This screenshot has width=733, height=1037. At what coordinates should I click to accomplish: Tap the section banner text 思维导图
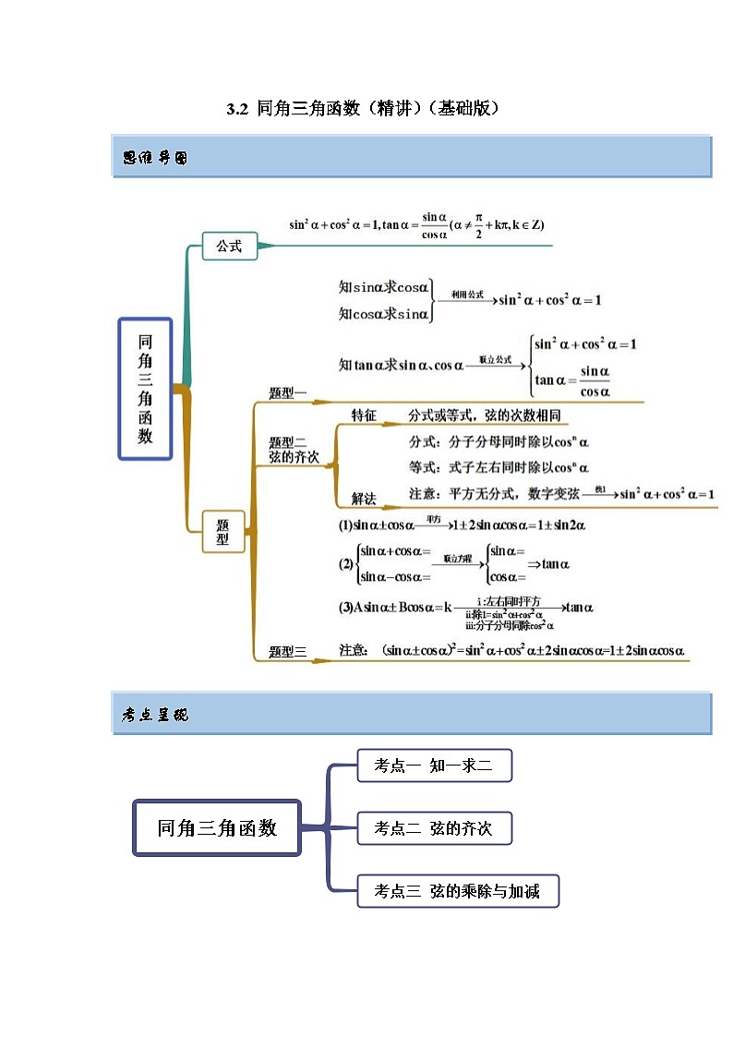click(155, 158)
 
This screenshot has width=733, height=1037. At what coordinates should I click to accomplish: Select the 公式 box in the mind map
click(229, 247)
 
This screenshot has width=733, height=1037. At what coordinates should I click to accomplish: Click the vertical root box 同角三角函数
click(145, 389)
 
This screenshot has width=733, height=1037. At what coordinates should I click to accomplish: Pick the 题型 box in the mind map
click(222, 532)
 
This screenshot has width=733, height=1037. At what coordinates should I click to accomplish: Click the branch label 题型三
click(287, 652)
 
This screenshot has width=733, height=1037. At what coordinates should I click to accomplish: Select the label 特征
click(364, 416)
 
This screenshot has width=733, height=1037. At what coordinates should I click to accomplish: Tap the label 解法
click(364, 499)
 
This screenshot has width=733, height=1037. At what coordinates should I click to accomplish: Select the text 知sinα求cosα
click(384, 287)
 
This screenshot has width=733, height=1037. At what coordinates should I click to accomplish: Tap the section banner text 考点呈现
click(155, 715)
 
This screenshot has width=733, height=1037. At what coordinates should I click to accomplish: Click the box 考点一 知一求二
click(433, 766)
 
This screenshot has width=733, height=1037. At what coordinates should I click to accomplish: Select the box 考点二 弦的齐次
click(433, 829)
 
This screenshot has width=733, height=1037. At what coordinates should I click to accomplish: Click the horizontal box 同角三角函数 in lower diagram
click(217, 828)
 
